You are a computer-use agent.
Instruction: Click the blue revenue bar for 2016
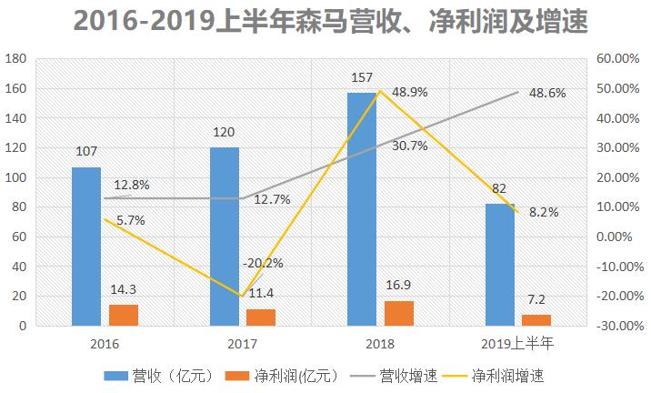click(86, 246)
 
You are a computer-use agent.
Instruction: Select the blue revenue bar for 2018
click(361, 208)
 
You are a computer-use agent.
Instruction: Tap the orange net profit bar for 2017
click(260, 317)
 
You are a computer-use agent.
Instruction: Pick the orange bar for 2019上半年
click(536, 319)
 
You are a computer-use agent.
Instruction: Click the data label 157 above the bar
click(362, 78)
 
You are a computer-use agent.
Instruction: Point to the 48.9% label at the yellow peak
click(410, 93)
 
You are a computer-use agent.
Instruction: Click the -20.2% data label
click(263, 263)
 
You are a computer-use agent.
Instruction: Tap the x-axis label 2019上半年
click(517, 344)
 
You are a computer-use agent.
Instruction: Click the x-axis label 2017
click(242, 344)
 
